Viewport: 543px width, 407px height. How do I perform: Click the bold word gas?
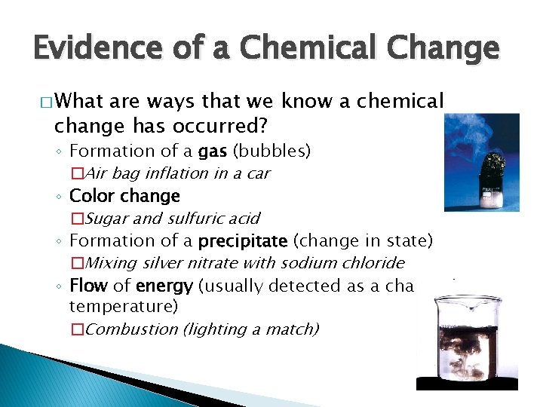[x=213, y=151]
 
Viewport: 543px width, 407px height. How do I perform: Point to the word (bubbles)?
[x=271, y=151]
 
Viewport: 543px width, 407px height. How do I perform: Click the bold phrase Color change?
[x=124, y=196]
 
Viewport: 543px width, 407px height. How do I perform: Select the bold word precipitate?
[x=243, y=241]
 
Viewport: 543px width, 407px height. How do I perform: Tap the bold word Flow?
[x=87, y=286]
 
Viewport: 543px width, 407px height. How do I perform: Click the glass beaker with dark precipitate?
[x=467, y=335]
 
